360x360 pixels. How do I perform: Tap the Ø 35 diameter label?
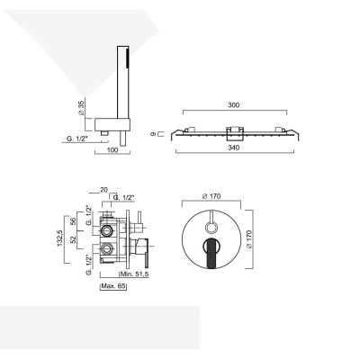[x=81, y=108]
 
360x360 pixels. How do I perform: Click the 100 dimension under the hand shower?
[x=112, y=149]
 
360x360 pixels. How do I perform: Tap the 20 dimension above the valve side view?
[x=104, y=190]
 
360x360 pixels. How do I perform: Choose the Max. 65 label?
[x=115, y=285]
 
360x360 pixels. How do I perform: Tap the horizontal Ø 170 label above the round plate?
[x=212, y=196]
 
